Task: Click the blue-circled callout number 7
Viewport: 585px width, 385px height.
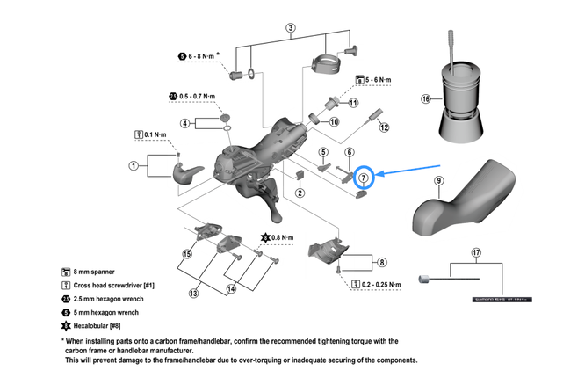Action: point(363,178)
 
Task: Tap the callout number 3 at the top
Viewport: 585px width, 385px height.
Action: point(291,27)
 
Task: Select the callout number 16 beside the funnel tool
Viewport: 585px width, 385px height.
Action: point(426,99)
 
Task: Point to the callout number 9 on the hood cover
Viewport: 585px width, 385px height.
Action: point(438,182)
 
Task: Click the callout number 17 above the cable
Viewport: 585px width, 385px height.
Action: point(475,253)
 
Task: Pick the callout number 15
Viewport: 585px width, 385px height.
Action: point(186,254)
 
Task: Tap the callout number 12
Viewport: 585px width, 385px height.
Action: point(384,127)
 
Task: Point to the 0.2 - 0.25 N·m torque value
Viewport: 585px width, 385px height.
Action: point(377,285)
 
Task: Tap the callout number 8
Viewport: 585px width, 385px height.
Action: point(381,261)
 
